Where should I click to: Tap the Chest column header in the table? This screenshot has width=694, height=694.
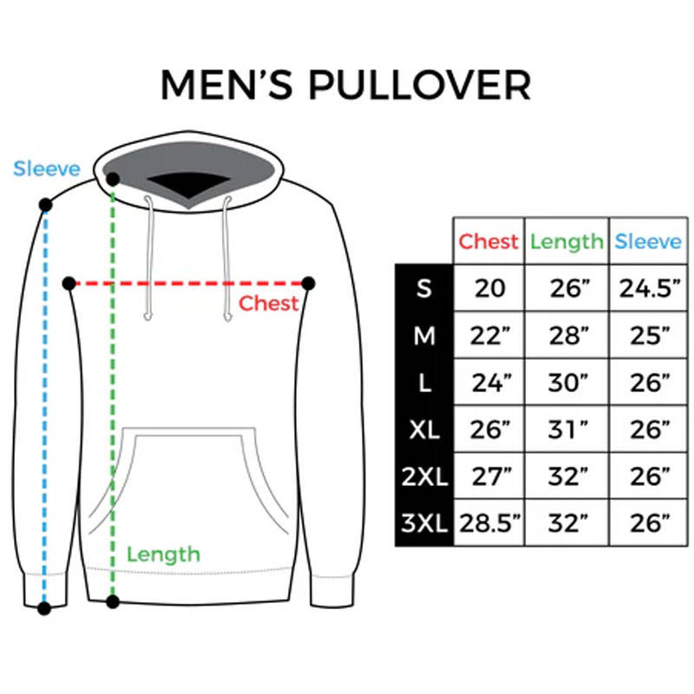(488, 241)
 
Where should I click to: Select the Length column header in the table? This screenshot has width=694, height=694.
(566, 241)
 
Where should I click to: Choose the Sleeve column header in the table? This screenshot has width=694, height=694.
(648, 241)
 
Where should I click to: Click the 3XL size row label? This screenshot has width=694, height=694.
(424, 523)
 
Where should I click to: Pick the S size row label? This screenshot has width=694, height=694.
(424, 288)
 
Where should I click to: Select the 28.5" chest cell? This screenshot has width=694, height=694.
(488, 523)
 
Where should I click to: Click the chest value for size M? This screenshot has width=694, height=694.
(488, 335)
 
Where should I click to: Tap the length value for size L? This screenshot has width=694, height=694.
(566, 382)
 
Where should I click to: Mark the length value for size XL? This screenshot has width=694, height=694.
(566, 429)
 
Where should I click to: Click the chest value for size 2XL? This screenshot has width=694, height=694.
(488, 475)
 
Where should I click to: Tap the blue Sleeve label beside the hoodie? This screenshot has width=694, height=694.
(46, 168)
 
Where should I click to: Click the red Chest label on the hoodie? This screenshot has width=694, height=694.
(268, 304)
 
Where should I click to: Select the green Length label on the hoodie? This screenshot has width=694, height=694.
(163, 553)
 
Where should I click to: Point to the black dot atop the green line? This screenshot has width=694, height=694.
(113, 179)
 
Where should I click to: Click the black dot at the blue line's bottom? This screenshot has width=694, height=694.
(44, 609)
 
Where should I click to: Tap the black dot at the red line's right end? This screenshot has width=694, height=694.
(308, 283)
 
